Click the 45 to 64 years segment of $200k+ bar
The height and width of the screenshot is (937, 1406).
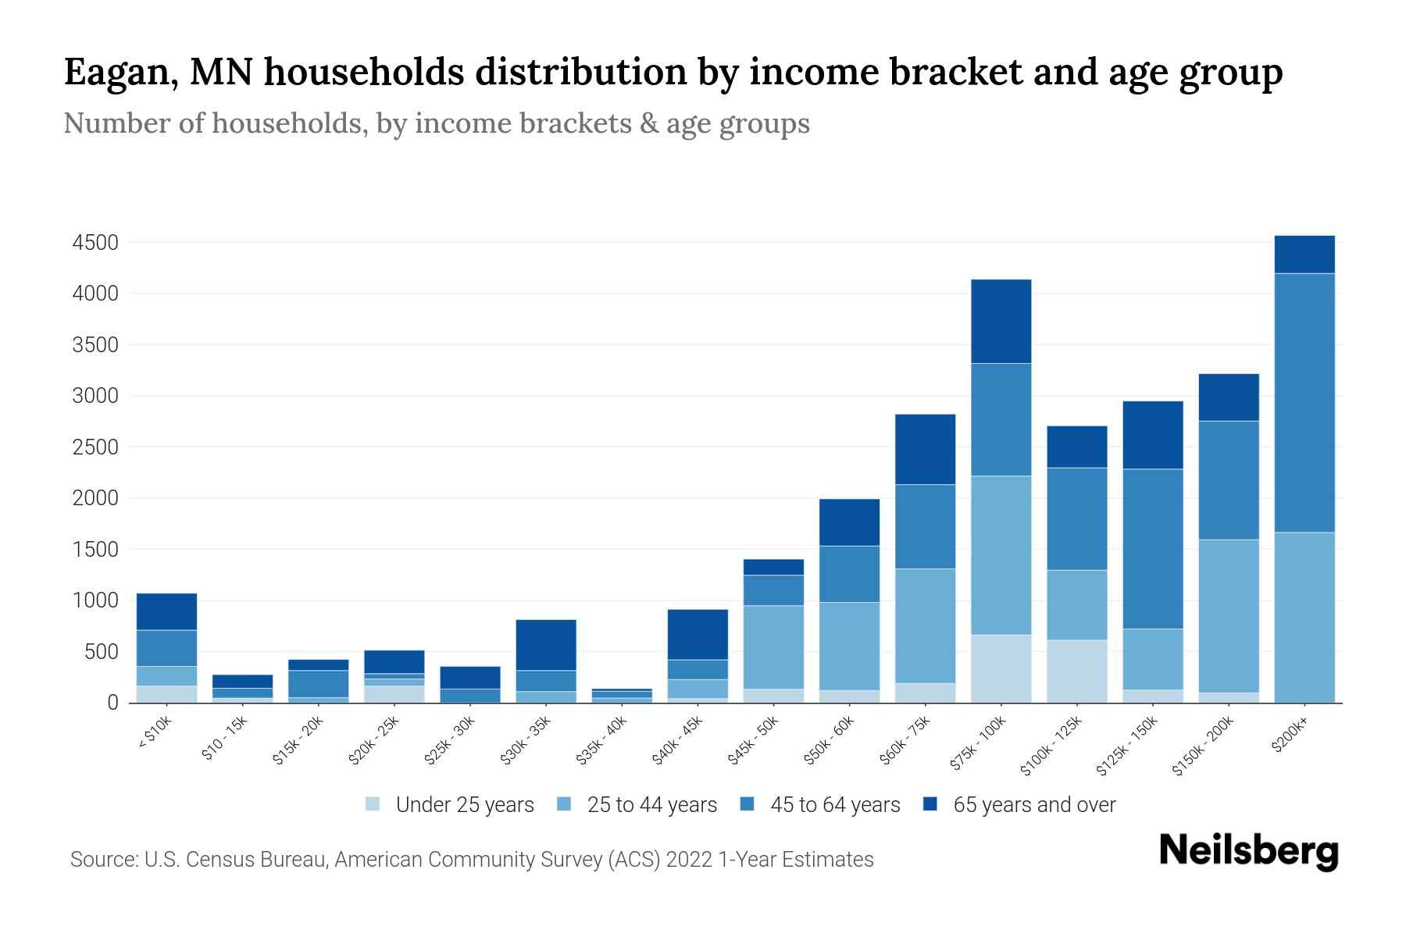1304,402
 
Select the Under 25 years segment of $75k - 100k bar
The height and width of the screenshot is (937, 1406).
1001,668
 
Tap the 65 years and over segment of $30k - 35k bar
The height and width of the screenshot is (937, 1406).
546,645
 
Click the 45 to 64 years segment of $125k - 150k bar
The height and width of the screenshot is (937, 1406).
1152,548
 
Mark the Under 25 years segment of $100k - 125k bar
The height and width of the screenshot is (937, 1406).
1076,671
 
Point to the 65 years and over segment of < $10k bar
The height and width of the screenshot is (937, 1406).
166,611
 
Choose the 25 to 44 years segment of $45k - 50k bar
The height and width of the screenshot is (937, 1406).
773,647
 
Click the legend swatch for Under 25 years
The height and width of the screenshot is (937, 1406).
373,804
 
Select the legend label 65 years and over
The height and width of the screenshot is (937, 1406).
1033,804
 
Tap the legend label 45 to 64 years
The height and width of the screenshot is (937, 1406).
834,804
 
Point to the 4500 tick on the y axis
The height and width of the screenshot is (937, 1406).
95,243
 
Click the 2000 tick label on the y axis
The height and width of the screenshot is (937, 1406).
95,498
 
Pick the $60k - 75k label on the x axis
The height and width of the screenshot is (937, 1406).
904,739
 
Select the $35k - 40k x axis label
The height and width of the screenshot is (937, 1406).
601,740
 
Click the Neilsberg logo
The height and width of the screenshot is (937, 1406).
1248,850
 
